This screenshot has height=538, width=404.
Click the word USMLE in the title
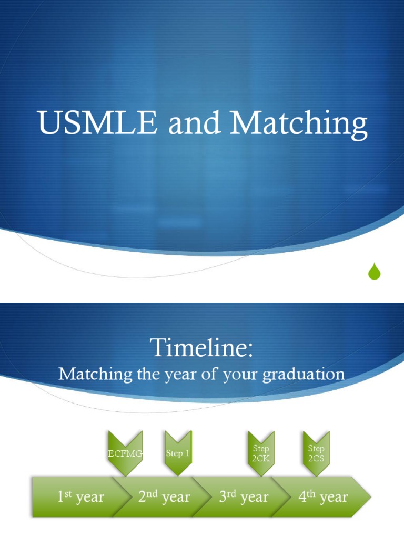[x=97, y=122]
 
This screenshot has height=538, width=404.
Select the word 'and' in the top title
[x=194, y=122]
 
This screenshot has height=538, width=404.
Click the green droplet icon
[x=374, y=271]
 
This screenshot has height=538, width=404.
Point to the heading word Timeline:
[x=201, y=348]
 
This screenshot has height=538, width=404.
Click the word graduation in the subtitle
[x=304, y=375]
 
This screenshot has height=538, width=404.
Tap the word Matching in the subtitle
[x=95, y=375]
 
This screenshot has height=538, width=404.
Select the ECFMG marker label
[x=125, y=453]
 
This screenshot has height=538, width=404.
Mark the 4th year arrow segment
[x=323, y=496]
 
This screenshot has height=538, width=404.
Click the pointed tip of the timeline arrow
[x=371, y=496]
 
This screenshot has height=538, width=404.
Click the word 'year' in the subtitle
[x=181, y=375]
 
